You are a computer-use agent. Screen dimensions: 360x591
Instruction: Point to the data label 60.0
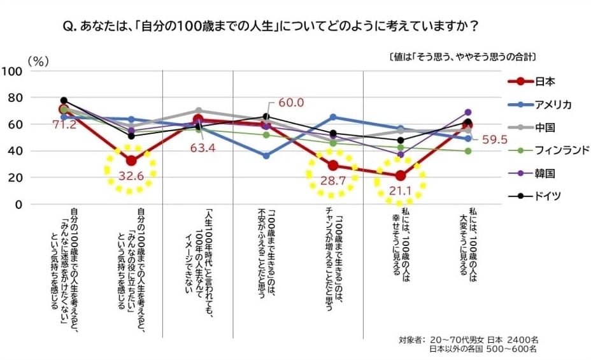(x=290, y=103)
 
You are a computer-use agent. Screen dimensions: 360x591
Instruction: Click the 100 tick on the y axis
(x=13, y=71)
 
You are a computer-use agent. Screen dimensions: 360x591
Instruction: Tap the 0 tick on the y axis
(x=20, y=205)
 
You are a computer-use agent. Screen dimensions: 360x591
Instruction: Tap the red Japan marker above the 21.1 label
(x=400, y=176)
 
